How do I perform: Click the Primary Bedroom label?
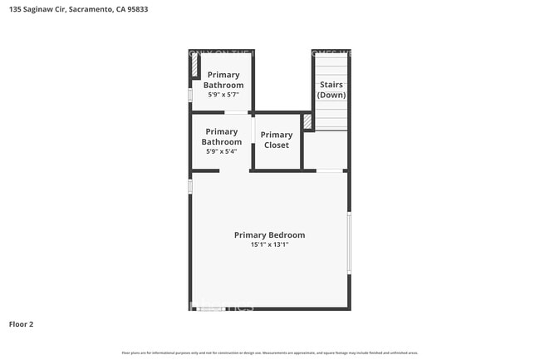(x=269, y=235)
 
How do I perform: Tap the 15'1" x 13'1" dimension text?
(x=269, y=245)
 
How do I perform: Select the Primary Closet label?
(x=277, y=140)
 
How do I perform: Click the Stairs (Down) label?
(x=331, y=90)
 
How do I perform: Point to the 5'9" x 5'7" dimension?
(x=223, y=95)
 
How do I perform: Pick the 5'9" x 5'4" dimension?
(x=221, y=151)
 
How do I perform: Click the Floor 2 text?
(x=21, y=323)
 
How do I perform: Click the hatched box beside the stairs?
(x=307, y=122)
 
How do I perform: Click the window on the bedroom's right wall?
(x=349, y=242)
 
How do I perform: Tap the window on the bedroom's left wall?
(x=190, y=186)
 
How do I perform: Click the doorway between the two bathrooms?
(x=236, y=112)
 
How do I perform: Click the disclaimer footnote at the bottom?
(x=269, y=353)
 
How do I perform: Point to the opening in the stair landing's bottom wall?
(x=330, y=170)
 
